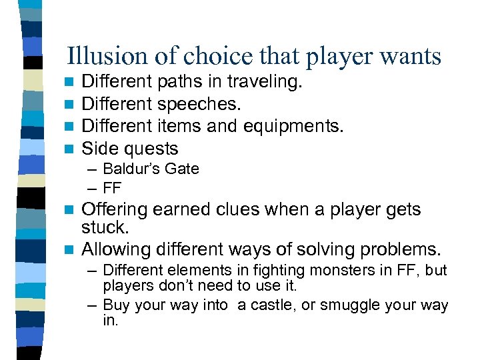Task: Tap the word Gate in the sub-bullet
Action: [x=182, y=169]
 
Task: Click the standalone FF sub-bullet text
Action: [x=113, y=187]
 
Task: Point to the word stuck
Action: [x=105, y=227]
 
